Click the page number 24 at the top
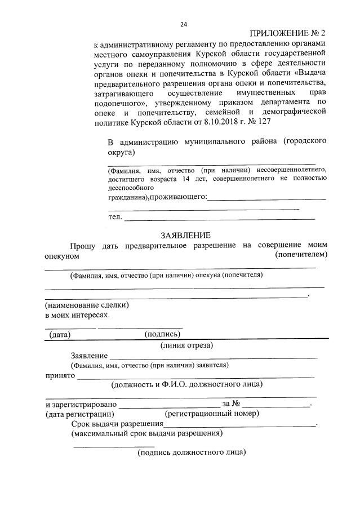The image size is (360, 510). click(183, 24)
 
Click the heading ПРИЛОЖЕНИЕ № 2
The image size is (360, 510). click(287, 34)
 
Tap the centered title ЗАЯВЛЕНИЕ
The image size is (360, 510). click(185, 235)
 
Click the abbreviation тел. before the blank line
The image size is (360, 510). click(115, 217)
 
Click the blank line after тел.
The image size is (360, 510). click(220, 218)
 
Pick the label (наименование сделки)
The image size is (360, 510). click(87, 304)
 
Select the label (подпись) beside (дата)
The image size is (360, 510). click(162, 334)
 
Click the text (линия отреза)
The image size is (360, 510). click(186, 345)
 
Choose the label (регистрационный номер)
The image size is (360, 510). click(211, 414)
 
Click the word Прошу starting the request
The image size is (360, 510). click(83, 246)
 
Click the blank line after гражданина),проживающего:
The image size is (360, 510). click(267, 198)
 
